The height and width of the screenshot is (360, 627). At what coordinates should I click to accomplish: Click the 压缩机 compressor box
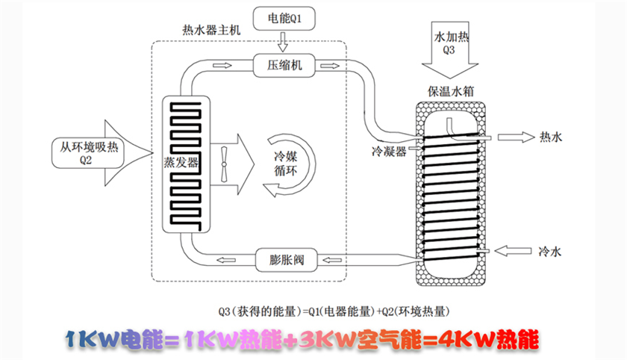285,65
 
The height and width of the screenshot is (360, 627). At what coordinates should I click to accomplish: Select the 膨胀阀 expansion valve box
285,260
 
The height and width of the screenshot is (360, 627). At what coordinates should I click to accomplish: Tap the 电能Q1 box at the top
285,16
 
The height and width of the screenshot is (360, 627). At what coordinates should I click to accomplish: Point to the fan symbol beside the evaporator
225,159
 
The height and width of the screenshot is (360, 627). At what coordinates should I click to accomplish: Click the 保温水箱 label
449,92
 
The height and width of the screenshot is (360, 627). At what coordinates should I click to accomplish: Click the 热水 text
549,137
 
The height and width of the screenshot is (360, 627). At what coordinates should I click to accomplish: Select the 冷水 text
549,252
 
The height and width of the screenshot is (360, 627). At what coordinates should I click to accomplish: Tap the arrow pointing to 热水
514,137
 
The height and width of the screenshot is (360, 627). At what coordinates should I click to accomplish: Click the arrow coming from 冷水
514,251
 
